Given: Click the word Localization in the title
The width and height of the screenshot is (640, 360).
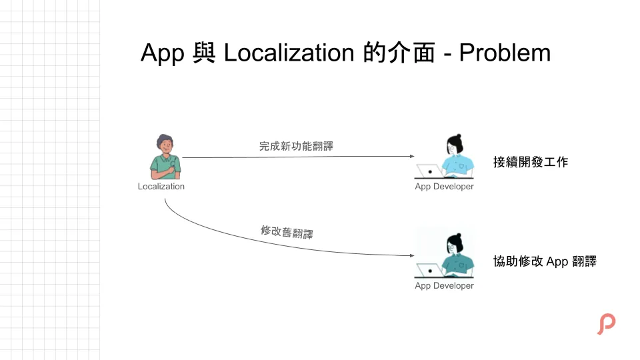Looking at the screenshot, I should click(289, 53).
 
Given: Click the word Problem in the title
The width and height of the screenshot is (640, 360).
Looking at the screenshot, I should click(505, 53).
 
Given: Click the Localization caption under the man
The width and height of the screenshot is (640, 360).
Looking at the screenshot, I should click(161, 187).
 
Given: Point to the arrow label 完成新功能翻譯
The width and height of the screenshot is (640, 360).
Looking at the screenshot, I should click(296, 146).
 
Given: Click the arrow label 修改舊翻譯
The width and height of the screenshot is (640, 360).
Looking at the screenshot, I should click(287, 233).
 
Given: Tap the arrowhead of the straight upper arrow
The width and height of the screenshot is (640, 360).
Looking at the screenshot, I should click(412, 157).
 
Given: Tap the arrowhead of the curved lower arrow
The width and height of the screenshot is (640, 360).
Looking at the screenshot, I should click(412, 255).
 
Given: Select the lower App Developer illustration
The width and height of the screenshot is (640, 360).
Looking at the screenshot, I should click(445, 256).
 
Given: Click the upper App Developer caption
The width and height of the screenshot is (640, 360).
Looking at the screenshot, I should click(444, 187).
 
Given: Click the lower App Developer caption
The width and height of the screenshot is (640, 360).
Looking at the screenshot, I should click(444, 286).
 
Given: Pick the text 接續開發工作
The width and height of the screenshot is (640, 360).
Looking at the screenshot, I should click(531, 162).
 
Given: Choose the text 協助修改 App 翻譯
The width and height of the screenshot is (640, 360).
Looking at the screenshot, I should click(545, 261).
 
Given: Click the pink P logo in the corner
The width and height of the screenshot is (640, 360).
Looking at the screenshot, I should click(606, 323).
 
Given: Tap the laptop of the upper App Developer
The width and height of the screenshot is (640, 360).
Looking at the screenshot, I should click(429, 171).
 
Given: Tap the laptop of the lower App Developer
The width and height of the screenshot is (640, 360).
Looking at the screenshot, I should click(429, 271).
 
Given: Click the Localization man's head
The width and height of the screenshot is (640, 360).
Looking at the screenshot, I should click(165, 143).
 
